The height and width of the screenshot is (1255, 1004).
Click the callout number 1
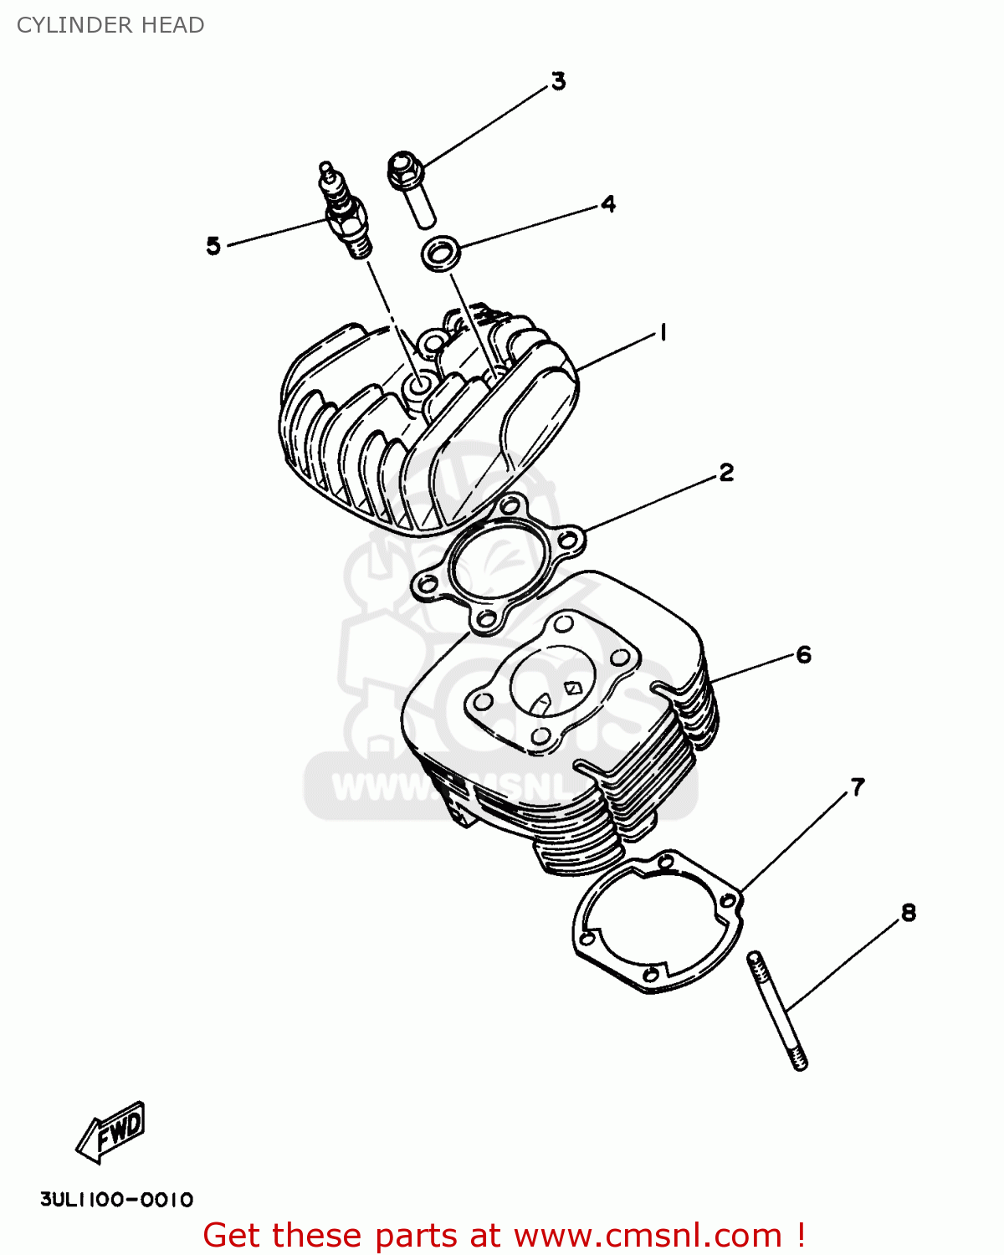pos(663,333)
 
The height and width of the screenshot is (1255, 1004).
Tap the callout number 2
pos(725,473)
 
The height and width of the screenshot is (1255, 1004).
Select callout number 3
pos(558,81)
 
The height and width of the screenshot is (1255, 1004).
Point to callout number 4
pos(608,204)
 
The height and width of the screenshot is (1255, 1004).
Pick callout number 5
pos(213,246)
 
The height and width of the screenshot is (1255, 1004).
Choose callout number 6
pos(803,654)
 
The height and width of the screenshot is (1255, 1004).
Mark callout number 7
pos(858,787)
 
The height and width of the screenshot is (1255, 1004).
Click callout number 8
pos(909,913)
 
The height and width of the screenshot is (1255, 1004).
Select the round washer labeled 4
pos(441,254)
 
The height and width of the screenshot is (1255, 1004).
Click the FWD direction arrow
pos(111,1132)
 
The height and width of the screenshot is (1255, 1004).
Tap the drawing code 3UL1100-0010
pos(117,1200)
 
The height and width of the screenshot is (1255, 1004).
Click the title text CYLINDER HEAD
pos(110,25)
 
